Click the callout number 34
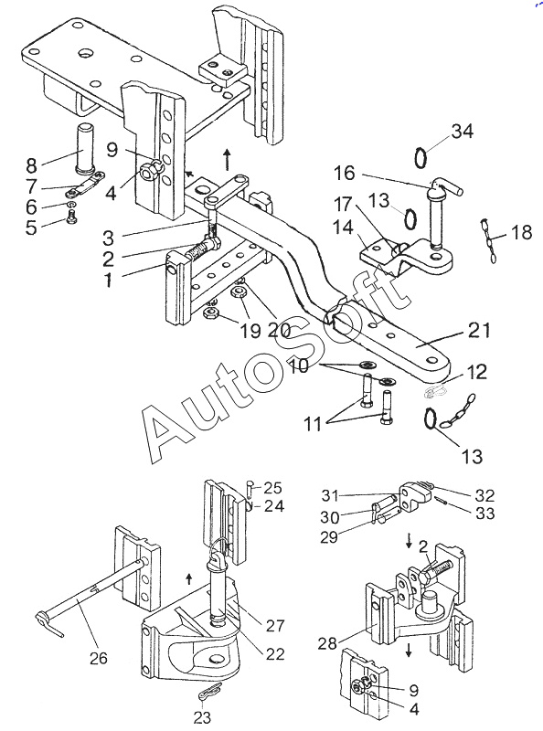click(463, 132)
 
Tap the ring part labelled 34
click(421, 158)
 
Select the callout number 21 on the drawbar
click(479, 331)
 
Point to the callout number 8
click(31, 165)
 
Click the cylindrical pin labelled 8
click(84, 146)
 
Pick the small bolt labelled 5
click(71, 217)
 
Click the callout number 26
click(99, 658)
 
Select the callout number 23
click(202, 717)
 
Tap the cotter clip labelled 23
click(208, 694)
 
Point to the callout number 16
click(345, 174)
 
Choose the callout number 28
click(327, 644)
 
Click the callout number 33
click(484, 514)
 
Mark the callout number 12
click(476, 372)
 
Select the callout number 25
click(273, 488)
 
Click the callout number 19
click(250, 331)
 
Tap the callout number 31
click(330, 495)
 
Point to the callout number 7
click(32, 186)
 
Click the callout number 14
click(343, 228)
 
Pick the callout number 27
click(275, 626)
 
